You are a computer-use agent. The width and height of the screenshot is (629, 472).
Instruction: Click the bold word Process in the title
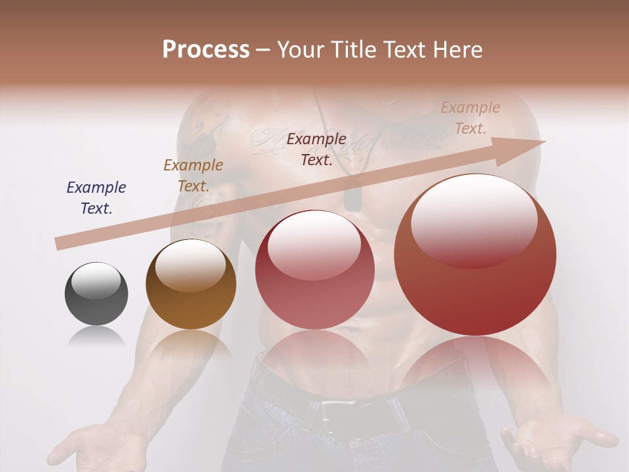[x=206, y=50]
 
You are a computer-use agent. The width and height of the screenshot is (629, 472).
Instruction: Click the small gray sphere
[x=96, y=294]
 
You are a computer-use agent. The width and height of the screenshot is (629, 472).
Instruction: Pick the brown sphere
[x=191, y=285]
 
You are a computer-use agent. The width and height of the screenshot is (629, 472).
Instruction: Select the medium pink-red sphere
[x=314, y=270]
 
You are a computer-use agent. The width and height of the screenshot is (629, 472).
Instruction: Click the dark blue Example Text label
[x=96, y=197]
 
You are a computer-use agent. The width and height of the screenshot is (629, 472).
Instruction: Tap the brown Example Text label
[x=193, y=175]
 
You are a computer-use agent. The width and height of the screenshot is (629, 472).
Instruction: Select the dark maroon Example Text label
[x=316, y=149]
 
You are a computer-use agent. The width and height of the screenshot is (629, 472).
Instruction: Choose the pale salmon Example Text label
[x=470, y=117]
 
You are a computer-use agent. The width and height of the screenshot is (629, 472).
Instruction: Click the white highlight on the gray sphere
[x=96, y=282]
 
